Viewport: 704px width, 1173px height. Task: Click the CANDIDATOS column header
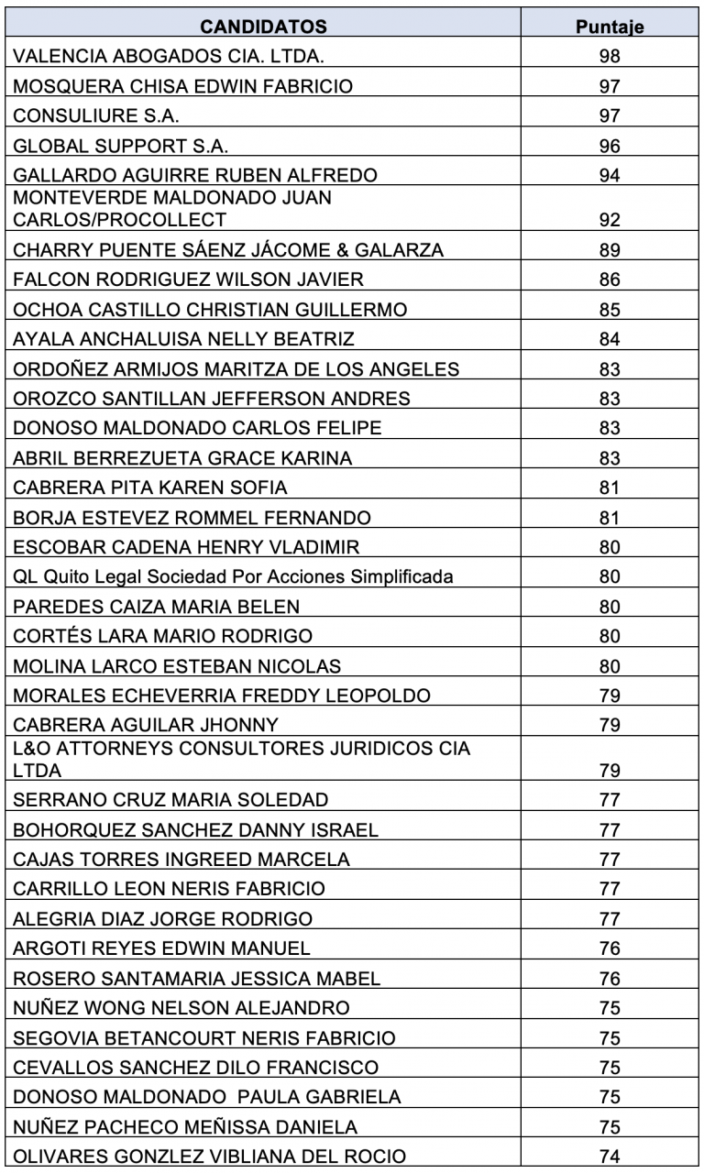[263, 27]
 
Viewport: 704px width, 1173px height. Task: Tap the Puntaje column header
[610, 27]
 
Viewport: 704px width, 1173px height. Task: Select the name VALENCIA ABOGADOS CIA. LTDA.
[169, 57]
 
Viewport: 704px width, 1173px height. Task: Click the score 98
[610, 57]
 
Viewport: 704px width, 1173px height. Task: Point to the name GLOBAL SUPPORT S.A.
[121, 146]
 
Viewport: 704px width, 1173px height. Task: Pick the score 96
[610, 146]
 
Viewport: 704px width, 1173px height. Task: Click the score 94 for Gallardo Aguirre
[610, 176]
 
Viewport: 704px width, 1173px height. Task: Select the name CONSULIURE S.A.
[97, 116]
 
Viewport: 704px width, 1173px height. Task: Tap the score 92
[610, 220]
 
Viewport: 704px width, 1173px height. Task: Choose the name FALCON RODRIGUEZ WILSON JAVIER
[188, 280]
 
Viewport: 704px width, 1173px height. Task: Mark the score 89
[610, 250]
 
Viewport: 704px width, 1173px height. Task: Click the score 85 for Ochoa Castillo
[610, 309]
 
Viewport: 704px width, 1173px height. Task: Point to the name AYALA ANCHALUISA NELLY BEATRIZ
[183, 339]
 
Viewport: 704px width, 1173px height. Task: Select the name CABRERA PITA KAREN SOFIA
[150, 488]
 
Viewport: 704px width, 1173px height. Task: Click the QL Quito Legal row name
[233, 576]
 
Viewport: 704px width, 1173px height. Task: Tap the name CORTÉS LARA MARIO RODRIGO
[162, 636]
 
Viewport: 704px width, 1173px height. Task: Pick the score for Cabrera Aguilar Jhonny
[610, 725]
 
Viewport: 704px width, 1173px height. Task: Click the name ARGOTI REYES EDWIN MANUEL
[161, 948]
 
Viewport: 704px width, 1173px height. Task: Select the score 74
[610, 1157]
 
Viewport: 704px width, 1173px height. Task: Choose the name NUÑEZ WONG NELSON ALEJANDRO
[181, 1008]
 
